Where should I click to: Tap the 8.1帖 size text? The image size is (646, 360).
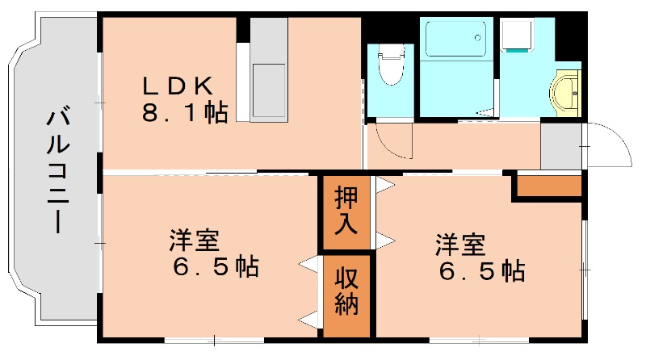pos(184,111)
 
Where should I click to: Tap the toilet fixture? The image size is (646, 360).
pos(391,65)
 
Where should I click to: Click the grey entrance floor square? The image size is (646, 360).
pos(560,146)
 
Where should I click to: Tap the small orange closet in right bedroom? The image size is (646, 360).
pos(549,186)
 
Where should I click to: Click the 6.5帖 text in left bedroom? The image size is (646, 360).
pos(214,267)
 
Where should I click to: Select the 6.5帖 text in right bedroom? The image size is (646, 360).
pos(482,270)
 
